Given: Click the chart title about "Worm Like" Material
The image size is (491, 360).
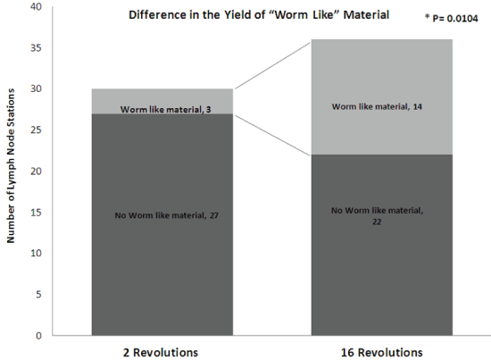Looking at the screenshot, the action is (x=259, y=15).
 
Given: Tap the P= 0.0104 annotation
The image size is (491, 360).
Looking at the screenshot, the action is (x=452, y=18).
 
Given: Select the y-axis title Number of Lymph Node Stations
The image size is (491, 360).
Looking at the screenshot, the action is (x=11, y=166).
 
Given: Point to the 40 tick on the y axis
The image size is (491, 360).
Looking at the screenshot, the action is (x=36, y=6).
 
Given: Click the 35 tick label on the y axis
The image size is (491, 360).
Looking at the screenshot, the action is (x=36, y=47).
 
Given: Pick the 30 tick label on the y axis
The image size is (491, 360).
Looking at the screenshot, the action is (x=36, y=88).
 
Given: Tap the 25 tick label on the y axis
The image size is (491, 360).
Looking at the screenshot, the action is (x=36, y=130).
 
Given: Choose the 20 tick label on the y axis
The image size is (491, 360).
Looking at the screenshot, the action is (x=36, y=172).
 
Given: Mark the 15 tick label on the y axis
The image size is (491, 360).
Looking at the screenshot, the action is (x=36, y=212).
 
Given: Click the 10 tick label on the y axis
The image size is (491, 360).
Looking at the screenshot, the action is (x=36, y=253).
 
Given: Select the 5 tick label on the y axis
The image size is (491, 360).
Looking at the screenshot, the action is (x=38, y=294).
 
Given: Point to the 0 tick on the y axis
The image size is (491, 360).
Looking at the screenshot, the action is (x=38, y=336).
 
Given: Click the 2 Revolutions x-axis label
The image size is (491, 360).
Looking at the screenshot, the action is (x=161, y=353).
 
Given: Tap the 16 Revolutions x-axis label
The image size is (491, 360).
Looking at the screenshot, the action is (x=382, y=353).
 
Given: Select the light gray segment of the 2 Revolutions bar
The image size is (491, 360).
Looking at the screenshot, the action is (x=162, y=101).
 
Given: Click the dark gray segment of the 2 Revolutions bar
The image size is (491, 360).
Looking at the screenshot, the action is (x=162, y=224).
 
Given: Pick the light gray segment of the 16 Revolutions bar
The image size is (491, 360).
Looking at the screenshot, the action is (x=382, y=96).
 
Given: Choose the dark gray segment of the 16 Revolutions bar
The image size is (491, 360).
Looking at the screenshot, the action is (x=382, y=245).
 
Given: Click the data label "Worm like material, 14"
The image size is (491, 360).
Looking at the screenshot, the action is (x=377, y=106).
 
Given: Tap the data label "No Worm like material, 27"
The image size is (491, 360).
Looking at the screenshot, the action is (x=167, y=215).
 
